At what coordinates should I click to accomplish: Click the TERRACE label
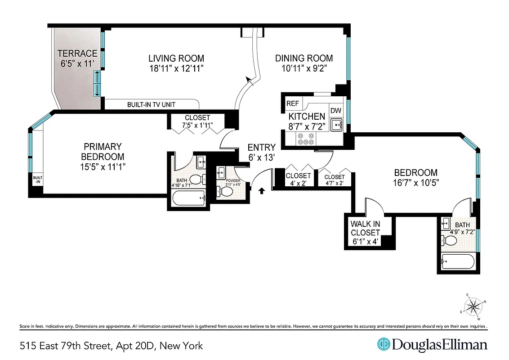pyautogui.click(x=77, y=54)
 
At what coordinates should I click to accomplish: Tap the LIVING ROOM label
pyautogui.click(x=176, y=58)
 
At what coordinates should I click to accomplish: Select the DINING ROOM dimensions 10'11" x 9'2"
pyautogui.click(x=304, y=68)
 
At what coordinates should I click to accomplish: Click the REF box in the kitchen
pyautogui.click(x=293, y=103)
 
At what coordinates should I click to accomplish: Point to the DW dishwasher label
pyautogui.click(x=335, y=111)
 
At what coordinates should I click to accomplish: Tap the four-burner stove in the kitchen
pyautogui.click(x=305, y=139)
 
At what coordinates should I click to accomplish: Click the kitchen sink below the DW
pyautogui.click(x=336, y=124)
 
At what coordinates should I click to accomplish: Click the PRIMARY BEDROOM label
pyautogui.click(x=103, y=152)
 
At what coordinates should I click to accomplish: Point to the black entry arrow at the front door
pyautogui.click(x=262, y=192)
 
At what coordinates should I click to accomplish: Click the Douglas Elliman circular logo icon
pyautogui.click(x=384, y=345)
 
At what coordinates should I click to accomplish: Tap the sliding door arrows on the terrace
pyautogui.click(x=97, y=83)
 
